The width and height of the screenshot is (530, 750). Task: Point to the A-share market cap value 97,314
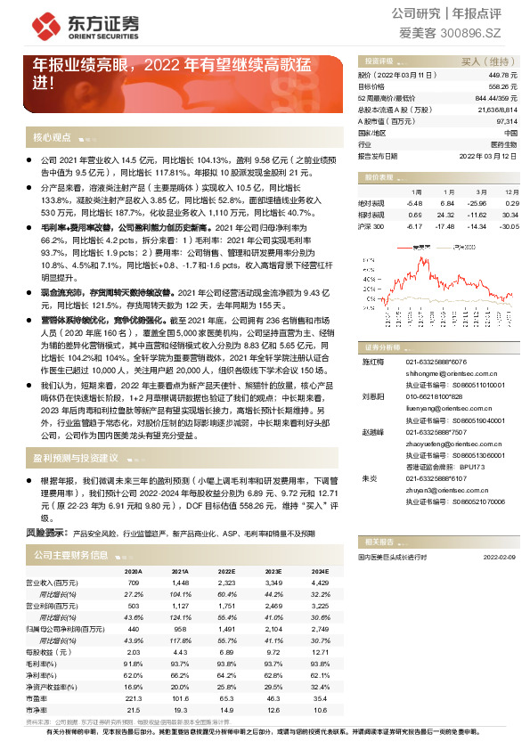point(507,120)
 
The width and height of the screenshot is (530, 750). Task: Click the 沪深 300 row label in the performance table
point(371,226)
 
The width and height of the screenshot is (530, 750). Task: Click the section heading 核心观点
point(52,138)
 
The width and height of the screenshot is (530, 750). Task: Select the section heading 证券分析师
point(384,346)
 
